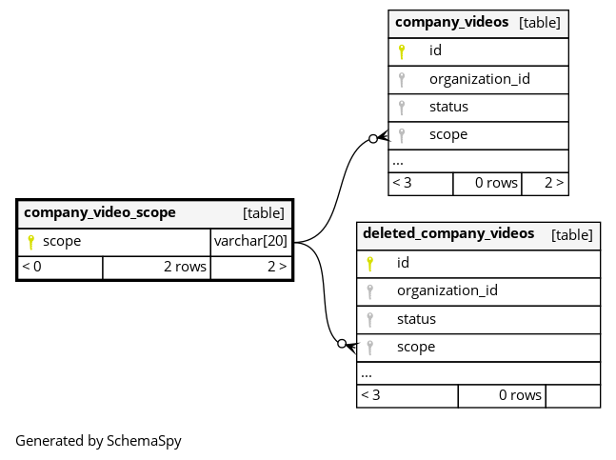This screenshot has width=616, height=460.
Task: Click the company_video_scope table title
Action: point(100,212)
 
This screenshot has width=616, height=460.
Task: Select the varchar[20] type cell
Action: point(250,241)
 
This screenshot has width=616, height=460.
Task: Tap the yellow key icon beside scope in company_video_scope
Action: point(30,242)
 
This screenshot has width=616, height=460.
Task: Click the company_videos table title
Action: point(451,22)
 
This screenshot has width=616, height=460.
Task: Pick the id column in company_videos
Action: point(435,50)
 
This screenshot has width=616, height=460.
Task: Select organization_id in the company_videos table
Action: point(479,79)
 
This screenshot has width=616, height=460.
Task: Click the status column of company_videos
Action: point(448,107)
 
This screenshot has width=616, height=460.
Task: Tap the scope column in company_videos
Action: point(448,134)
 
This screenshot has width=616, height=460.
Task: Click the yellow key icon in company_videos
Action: point(402,51)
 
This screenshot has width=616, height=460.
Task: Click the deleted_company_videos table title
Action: point(448,234)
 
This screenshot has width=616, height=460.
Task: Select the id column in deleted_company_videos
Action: point(403,262)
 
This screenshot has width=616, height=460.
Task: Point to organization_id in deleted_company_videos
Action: point(447,290)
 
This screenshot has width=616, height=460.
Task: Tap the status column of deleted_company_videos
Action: point(416,319)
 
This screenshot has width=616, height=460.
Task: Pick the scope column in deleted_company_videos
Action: point(416,347)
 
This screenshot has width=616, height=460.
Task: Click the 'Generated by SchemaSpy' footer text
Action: point(98,441)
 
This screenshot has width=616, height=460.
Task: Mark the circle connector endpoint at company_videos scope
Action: point(372,140)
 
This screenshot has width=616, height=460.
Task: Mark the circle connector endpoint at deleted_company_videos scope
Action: point(341,343)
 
